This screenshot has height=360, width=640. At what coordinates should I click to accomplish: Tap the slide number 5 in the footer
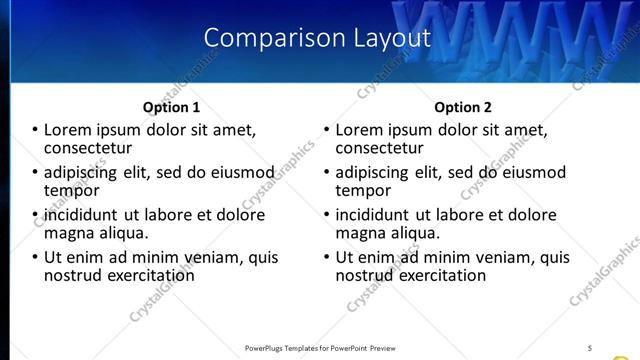point(589,347)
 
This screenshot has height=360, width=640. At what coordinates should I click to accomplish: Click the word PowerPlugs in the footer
point(267,347)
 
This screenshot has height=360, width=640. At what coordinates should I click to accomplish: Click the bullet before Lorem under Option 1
point(34,130)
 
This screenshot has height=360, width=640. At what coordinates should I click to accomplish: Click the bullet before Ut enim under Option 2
point(327,257)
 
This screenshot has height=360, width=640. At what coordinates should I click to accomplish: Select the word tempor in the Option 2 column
point(363,189)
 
